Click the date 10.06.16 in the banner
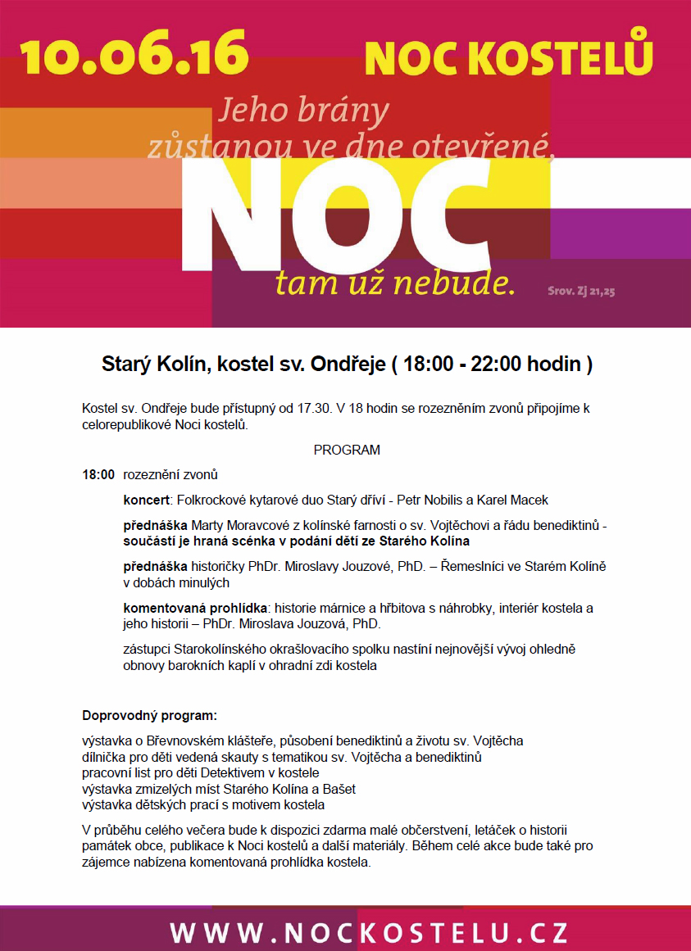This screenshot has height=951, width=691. pos(134,53)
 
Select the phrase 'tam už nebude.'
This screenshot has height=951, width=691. pos(395,283)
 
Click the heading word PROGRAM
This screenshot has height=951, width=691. pos(347,451)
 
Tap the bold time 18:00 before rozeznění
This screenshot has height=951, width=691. pos(98,475)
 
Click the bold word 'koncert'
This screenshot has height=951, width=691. pos(146,500)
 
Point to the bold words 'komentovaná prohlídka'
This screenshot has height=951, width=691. pos(195,608)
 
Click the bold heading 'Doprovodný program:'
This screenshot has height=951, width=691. pos(149,714)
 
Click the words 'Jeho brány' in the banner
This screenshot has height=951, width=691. pos(304,111)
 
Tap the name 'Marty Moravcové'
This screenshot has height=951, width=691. pos(237,524)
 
